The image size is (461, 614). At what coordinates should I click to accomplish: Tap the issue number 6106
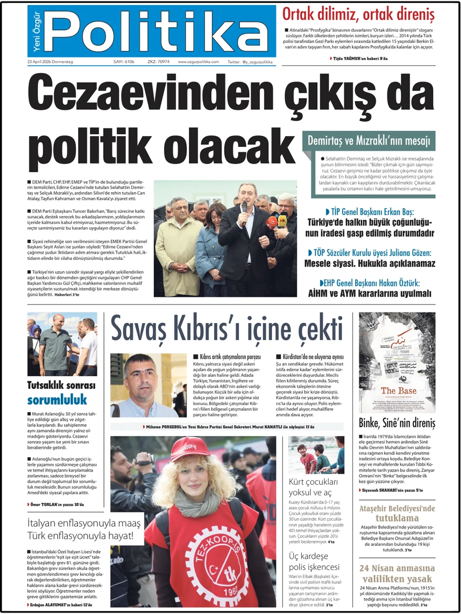tap(124, 62)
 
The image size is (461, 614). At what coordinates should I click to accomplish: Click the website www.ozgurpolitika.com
tap(198, 62)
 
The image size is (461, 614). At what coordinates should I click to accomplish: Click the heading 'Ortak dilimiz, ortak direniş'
tap(358, 15)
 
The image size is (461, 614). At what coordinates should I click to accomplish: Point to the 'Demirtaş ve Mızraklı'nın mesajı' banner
tap(369, 141)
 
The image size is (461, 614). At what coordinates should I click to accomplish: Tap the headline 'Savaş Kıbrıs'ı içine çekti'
tap(226, 328)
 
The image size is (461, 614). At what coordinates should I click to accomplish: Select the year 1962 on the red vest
tap(231, 591)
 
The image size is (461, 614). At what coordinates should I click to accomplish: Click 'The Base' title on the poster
tap(398, 391)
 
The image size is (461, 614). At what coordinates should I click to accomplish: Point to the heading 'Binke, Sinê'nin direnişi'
tap(397, 423)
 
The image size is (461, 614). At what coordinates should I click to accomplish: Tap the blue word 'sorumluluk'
tap(57, 400)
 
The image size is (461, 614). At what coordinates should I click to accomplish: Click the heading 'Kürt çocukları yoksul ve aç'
tap(313, 487)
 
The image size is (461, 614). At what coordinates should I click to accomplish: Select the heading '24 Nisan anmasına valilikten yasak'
tap(397, 573)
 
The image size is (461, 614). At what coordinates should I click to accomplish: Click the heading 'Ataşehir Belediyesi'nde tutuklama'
tap(397, 513)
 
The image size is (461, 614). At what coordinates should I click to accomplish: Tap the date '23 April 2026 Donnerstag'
tap(50, 62)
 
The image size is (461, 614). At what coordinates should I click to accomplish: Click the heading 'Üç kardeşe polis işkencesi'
tap(314, 561)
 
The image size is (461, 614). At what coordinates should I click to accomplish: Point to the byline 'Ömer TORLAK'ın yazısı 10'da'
tap(57, 504)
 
